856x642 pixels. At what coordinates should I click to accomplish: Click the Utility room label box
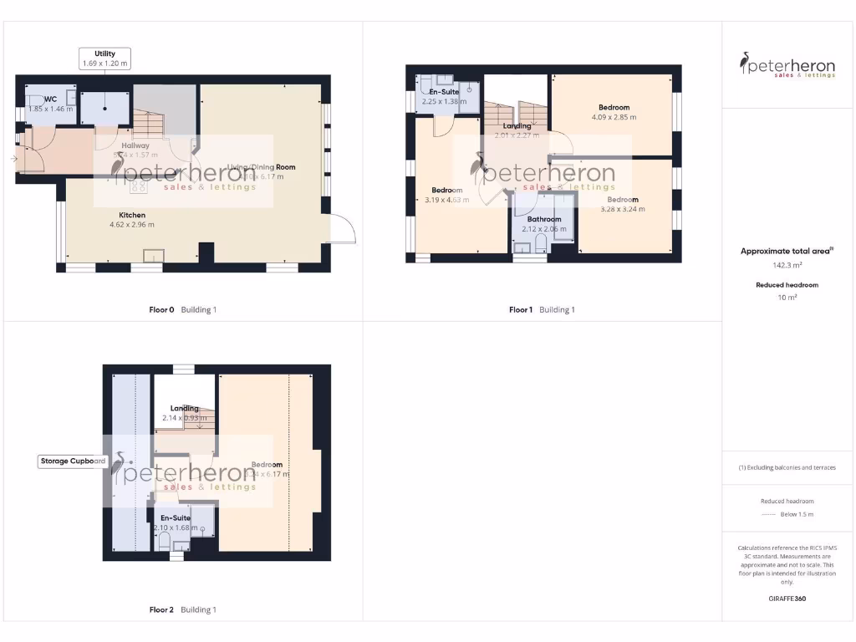[x=104, y=59]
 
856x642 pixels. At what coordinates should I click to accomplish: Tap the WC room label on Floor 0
[x=50, y=99]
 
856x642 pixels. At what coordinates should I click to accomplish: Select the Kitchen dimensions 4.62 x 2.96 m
[x=132, y=225]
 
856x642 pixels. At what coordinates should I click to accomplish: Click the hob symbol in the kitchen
[x=138, y=186]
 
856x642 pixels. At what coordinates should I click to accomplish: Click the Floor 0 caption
[x=161, y=310]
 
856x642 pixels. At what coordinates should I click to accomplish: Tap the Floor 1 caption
[x=520, y=310]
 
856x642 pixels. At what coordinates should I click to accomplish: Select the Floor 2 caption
[x=161, y=610]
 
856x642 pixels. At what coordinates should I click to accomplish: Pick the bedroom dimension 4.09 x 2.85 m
[x=614, y=118]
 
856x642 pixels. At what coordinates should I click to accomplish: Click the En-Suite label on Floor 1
[x=442, y=91]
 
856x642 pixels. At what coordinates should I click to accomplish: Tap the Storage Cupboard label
[x=74, y=461]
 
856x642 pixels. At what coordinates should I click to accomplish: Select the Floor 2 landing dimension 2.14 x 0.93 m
[x=185, y=418]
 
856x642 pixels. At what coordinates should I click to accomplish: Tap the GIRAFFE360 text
[x=787, y=599]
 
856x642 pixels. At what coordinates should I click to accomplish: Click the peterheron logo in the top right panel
[x=787, y=65]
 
